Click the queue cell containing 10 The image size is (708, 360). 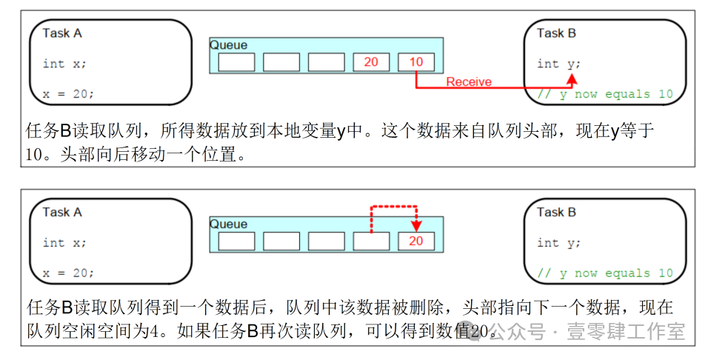pyautogui.click(x=416, y=62)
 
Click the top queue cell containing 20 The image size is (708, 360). pyautogui.click(x=371, y=62)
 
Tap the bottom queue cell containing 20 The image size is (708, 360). pyautogui.click(x=416, y=241)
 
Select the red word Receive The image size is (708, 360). pyautogui.click(x=469, y=81)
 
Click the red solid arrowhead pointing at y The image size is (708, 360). pyautogui.click(x=572, y=79)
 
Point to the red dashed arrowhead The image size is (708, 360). pyautogui.click(x=416, y=226)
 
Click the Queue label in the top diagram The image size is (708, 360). pyautogui.click(x=229, y=45)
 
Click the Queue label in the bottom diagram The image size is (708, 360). pyautogui.click(x=229, y=224)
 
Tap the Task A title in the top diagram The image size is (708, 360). pyautogui.click(x=62, y=33)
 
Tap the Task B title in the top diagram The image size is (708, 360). pyautogui.click(x=556, y=33)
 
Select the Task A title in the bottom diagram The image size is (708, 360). pyautogui.click(x=62, y=213)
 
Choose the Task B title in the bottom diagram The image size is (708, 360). pyautogui.click(x=556, y=213)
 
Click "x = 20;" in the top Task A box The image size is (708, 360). pyautogui.click(x=68, y=94)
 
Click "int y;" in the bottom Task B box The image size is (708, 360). pyautogui.click(x=558, y=244)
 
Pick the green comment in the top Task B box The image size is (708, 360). pyautogui.click(x=605, y=94)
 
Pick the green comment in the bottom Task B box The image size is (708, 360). pyautogui.click(x=605, y=273)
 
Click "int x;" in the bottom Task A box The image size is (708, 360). pyautogui.click(x=64, y=243)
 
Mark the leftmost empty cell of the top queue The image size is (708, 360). pyautogui.click(x=236, y=62)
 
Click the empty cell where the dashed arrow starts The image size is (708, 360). pyautogui.click(x=371, y=241)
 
